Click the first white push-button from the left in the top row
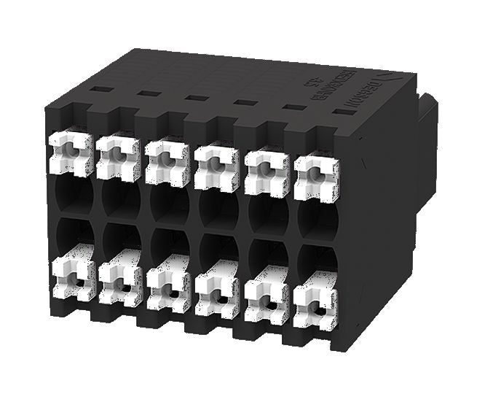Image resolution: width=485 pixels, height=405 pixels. click(x=71, y=153)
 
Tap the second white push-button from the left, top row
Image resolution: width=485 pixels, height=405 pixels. click(x=119, y=157)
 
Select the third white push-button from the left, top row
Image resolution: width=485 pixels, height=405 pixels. click(x=167, y=161)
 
